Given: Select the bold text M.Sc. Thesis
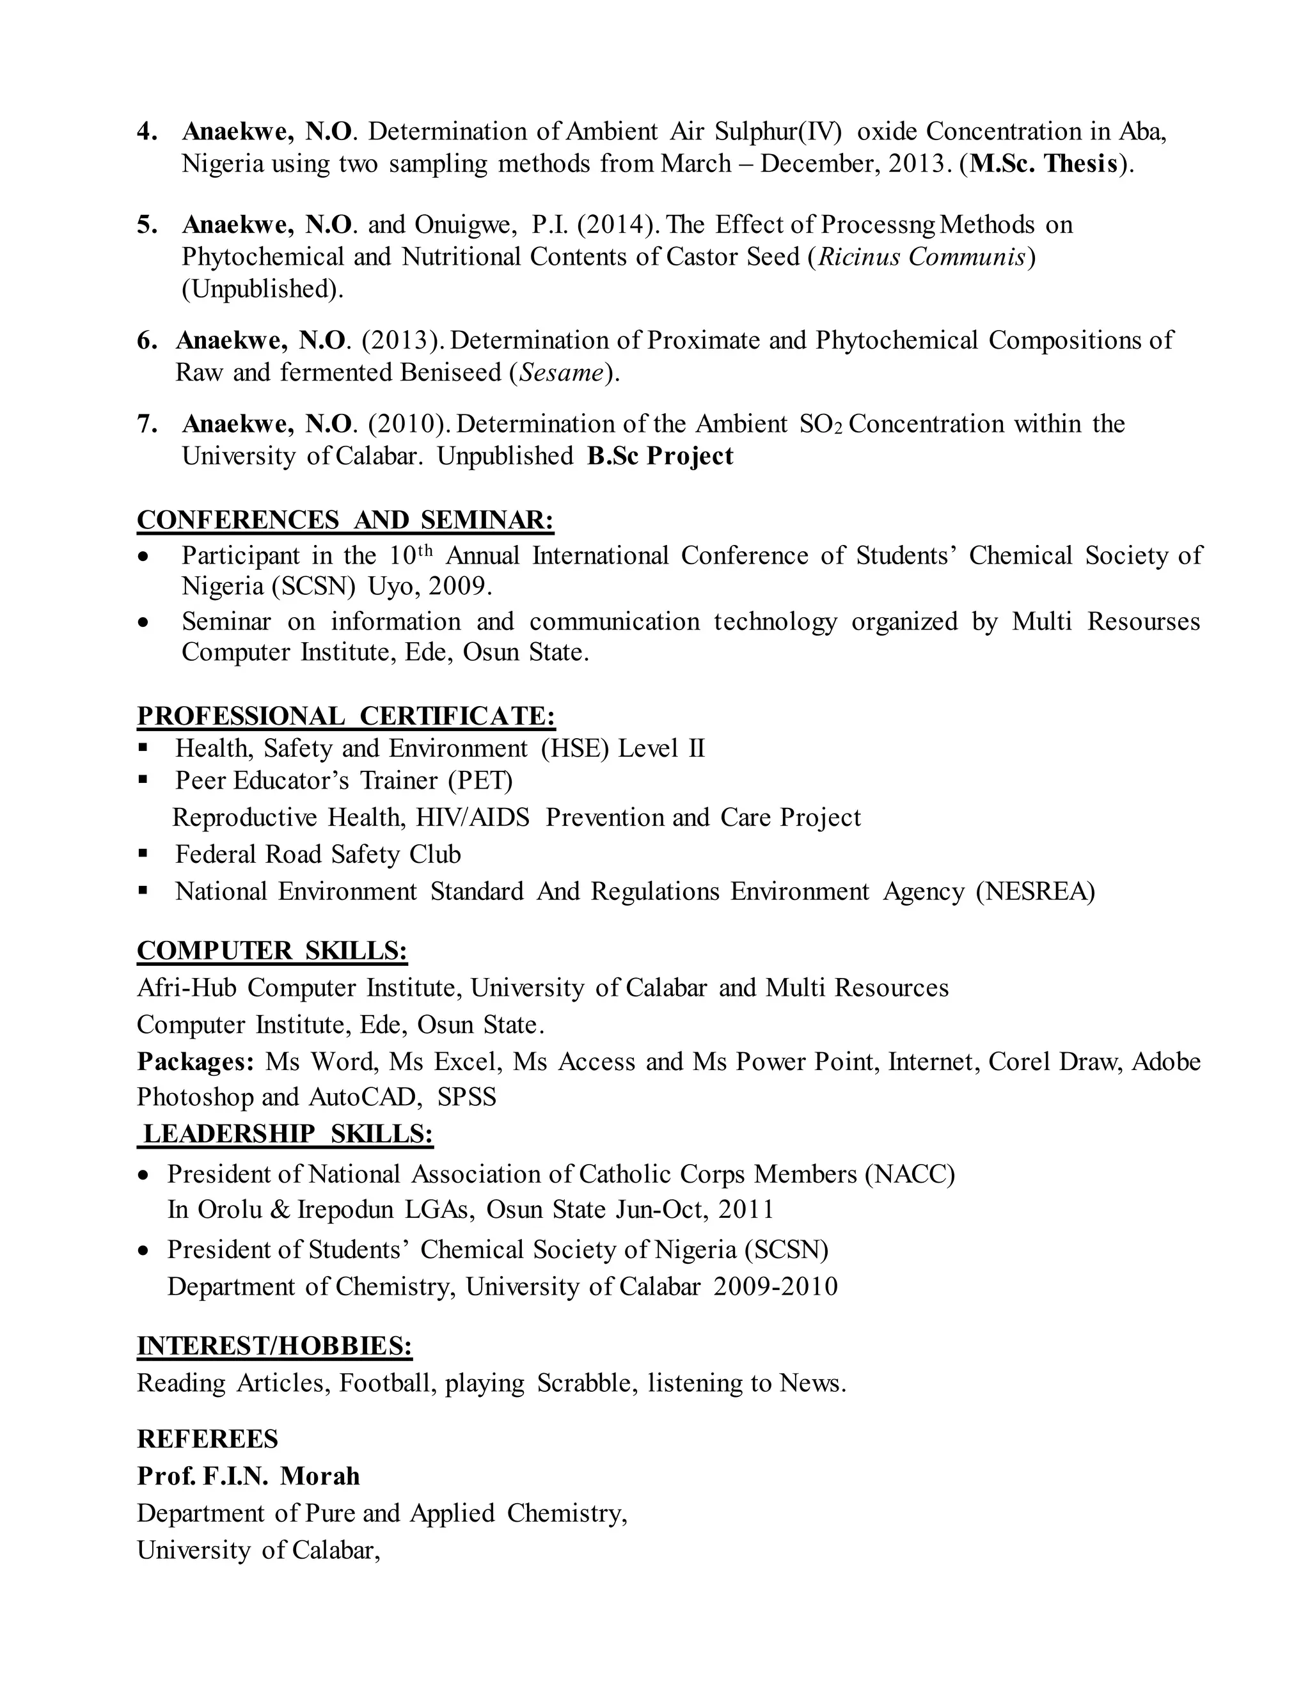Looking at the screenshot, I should pyautogui.click(x=1044, y=164).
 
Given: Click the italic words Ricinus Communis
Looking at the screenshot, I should pyautogui.click(x=922, y=257).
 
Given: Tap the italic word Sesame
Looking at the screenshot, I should pyautogui.click(x=561, y=374).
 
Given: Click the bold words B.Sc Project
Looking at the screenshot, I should pyautogui.click(x=659, y=456).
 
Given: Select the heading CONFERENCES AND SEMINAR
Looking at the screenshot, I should pyautogui.click(x=345, y=520).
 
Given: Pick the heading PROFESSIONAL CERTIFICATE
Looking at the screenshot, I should pyautogui.click(x=346, y=716).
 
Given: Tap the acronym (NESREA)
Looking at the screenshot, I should pyautogui.click(x=1036, y=892).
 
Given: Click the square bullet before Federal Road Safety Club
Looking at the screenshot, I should pyautogui.click(x=143, y=854).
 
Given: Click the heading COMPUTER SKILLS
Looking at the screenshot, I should pyautogui.click(x=272, y=950).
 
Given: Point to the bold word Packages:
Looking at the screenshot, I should pyautogui.click(x=195, y=1062).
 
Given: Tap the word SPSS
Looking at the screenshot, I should pyautogui.click(x=466, y=1098).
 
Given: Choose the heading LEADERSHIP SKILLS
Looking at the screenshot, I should pyautogui.click(x=287, y=1135).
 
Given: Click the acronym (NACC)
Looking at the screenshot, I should pyautogui.click(x=910, y=1175).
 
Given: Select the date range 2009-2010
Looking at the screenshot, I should pyautogui.click(x=775, y=1287).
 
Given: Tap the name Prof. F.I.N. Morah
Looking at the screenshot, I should pyautogui.click(x=248, y=1476).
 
